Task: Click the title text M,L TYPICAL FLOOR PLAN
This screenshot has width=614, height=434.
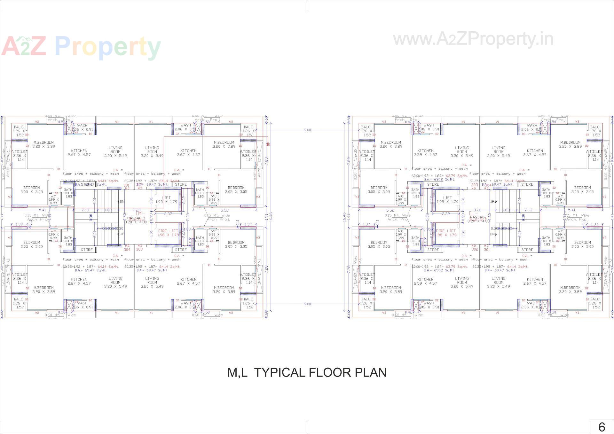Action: point(307,373)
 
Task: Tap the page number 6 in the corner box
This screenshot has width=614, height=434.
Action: point(602,427)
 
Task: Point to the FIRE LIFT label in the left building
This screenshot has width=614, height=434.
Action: point(168,233)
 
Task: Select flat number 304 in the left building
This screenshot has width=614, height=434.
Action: point(127,249)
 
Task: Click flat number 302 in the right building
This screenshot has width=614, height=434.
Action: point(475,249)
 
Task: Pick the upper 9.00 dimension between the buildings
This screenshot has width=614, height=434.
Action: point(307,130)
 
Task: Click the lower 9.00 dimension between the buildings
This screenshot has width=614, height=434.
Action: point(307,304)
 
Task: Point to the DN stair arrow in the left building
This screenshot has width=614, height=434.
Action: point(121,201)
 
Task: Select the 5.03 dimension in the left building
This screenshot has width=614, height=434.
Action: point(188,217)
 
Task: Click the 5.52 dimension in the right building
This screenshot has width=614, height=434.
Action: point(390,210)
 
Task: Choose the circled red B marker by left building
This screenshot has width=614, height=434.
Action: point(268,144)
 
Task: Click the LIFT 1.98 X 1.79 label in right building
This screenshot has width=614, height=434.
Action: point(447,200)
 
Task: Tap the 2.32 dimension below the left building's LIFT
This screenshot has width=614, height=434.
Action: point(168,214)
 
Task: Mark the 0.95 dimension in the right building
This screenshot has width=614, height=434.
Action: point(427,229)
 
